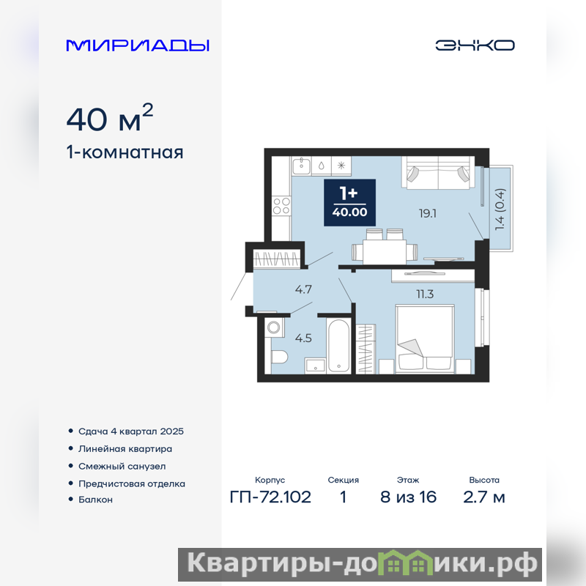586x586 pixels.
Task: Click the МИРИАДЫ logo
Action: pos(138,45)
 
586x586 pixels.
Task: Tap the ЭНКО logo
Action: pos(475,45)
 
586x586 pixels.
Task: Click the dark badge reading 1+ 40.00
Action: pos(349,203)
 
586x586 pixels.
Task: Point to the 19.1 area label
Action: pos(428,213)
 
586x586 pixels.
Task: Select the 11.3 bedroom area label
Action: pos(426,294)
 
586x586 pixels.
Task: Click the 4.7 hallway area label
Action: pos(303,289)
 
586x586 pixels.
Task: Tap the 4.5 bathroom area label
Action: pos(303,338)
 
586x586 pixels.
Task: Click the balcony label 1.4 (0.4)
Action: pos(500,209)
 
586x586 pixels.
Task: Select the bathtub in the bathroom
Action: pos(338,345)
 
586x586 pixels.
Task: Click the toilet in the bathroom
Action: pos(279,357)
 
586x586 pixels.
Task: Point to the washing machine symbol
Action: pos(273,327)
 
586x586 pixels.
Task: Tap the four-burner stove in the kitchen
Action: pos(281,206)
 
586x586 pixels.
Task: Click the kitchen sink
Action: pos(301,166)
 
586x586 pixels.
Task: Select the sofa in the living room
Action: pos(438,172)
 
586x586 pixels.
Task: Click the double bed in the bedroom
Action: pos(426,339)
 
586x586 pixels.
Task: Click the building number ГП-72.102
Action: pos(270,497)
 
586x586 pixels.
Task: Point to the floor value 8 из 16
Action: pos(408,497)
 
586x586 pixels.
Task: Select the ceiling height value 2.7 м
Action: pos(484,497)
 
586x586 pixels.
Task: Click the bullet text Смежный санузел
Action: pos(122,467)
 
